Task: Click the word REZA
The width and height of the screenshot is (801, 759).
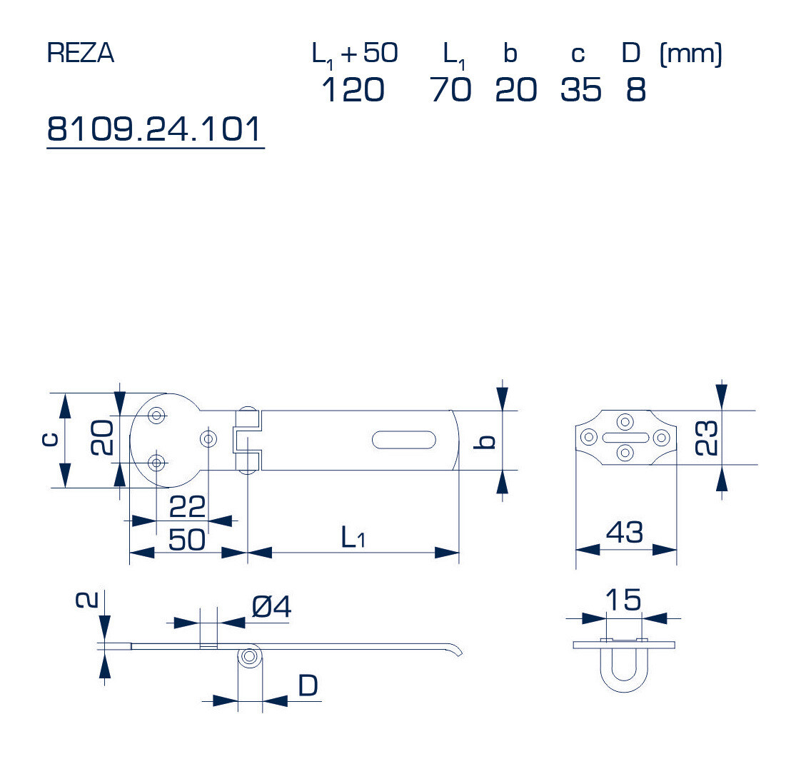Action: click(x=80, y=54)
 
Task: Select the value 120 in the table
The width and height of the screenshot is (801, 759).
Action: click(x=353, y=90)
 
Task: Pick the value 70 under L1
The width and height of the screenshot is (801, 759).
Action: click(x=450, y=90)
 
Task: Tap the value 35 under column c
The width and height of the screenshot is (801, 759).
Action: click(x=580, y=90)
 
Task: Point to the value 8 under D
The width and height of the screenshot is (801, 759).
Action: click(x=635, y=90)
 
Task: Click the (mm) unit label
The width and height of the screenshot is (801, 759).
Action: click(x=691, y=54)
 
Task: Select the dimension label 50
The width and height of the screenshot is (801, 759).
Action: click(x=187, y=539)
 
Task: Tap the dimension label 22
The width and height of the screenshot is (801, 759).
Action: click(x=187, y=507)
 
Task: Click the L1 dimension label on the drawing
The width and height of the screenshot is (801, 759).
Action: click(x=353, y=538)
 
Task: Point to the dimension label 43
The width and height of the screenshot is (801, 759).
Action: click(x=625, y=532)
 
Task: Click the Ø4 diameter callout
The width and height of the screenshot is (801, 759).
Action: click(x=271, y=608)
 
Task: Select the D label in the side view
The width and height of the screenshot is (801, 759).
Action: click(x=308, y=686)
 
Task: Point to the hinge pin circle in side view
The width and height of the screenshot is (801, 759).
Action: click(x=249, y=657)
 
